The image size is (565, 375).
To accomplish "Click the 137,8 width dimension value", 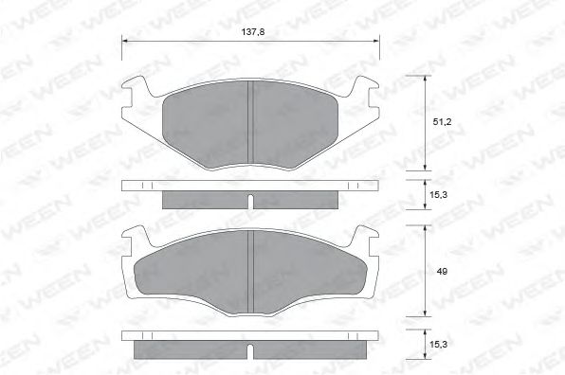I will pyautogui.click(x=251, y=32).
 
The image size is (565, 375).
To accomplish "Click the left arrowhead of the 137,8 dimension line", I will pyautogui.click(x=127, y=41).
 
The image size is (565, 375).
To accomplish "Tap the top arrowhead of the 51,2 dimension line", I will pyautogui.click(x=424, y=78).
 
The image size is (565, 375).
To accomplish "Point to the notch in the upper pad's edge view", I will pyautogui.click(x=250, y=202).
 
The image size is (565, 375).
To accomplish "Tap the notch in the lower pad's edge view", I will pyautogui.click(x=250, y=353).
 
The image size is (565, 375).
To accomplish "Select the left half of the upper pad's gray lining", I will pyautogui.click(x=204, y=120).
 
